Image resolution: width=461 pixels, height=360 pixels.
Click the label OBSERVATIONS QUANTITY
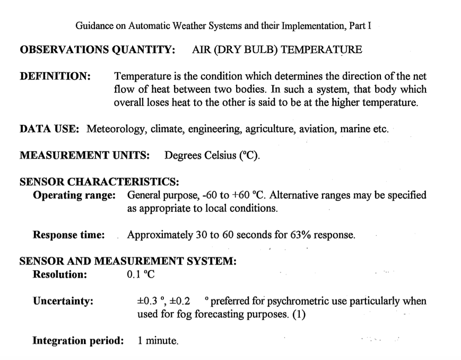pyautogui.click(x=98, y=50)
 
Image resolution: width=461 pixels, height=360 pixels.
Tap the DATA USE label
pyautogui.click(x=49, y=129)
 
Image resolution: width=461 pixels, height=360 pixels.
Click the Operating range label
pyautogui.click(x=74, y=195)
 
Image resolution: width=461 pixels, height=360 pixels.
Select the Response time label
pyautogui.click(x=68, y=235)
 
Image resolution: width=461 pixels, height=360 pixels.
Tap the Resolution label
pyautogui.click(x=59, y=275)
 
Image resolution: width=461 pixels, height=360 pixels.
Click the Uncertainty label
pyautogui.click(x=63, y=302)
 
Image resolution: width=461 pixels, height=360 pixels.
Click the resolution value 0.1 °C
pyautogui.click(x=141, y=275)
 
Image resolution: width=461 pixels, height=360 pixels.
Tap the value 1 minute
pyautogui.click(x=158, y=341)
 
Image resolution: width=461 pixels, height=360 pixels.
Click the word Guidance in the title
pyautogui.click(x=95, y=25)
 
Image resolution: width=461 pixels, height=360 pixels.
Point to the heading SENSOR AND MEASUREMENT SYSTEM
pyautogui.click(x=127, y=262)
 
